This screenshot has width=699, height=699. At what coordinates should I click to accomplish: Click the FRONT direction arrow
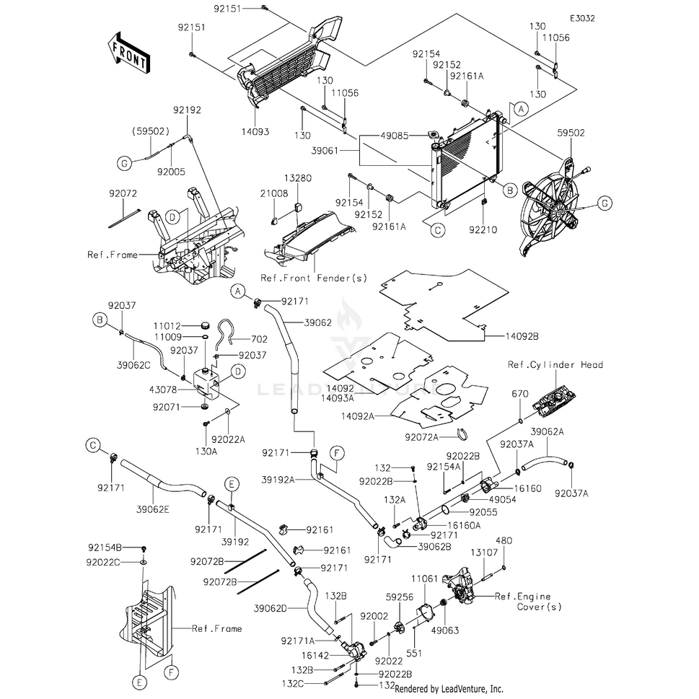(x=128, y=53)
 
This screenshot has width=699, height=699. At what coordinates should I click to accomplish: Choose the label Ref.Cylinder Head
(x=555, y=365)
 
